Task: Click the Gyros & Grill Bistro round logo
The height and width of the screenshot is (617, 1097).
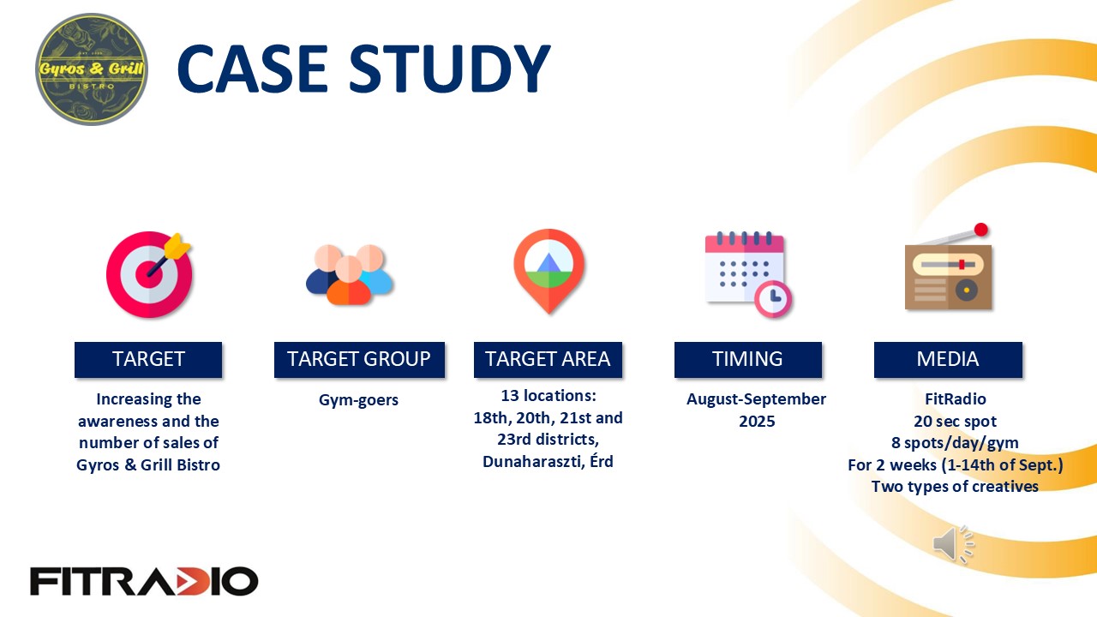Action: (x=92, y=69)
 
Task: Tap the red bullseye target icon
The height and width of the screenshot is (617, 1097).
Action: (x=149, y=274)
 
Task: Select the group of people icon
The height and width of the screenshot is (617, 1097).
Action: (x=349, y=274)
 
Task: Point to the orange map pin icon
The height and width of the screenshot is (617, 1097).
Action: (x=549, y=271)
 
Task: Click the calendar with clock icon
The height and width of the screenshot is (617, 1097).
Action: (x=748, y=274)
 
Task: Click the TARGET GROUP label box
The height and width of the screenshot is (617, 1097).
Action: (x=359, y=359)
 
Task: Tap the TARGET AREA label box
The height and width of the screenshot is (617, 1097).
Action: (x=548, y=359)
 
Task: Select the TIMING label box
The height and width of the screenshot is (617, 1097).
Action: (x=748, y=359)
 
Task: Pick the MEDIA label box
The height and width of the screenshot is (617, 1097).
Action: (x=948, y=359)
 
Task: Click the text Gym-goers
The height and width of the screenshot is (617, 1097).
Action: (x=358, y=400)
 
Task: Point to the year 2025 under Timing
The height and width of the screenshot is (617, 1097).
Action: (x=757, y=421)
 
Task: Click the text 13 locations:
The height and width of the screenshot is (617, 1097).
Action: (x=548, y=395)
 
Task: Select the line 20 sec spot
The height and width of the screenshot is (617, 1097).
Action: (x=955, y=421)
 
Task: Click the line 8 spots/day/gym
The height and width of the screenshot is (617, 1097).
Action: (x=955, y=443)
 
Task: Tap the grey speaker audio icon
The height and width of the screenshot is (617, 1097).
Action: (x=953, y=544)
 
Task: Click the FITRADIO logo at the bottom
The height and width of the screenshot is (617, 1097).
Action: (x=144, y=581)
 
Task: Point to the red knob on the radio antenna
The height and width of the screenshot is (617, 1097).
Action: (x=981, y=230)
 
